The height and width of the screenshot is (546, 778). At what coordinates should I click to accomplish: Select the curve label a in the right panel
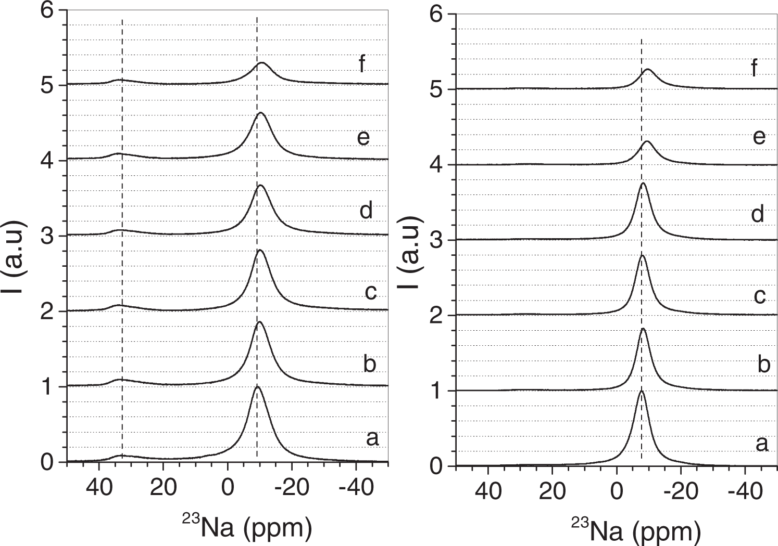761,444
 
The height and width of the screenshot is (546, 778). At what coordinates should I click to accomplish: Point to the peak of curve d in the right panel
643,184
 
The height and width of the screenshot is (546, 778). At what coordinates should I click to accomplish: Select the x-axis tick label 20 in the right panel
552,491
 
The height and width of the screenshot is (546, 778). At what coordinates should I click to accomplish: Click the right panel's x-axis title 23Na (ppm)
636,530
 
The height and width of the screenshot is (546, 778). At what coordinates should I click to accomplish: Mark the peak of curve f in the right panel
648,69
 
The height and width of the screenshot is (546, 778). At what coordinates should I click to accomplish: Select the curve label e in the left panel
363,137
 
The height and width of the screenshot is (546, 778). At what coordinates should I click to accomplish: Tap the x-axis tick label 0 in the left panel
228,488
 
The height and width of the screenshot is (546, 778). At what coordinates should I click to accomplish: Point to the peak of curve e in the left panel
260,113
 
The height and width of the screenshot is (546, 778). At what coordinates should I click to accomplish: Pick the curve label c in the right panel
760,295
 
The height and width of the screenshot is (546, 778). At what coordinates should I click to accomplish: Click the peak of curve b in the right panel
643,329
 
